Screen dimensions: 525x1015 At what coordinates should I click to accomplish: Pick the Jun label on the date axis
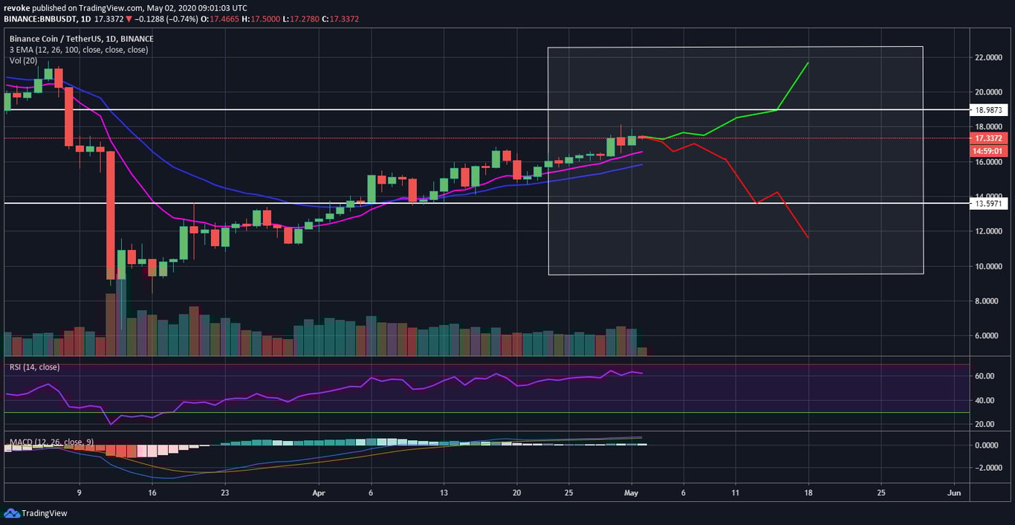(955, 492)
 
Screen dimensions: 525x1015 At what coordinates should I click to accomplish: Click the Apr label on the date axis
(319, 492)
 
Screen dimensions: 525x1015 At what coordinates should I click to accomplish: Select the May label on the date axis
(632, 492)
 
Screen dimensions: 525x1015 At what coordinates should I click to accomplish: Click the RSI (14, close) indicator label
(34, 367)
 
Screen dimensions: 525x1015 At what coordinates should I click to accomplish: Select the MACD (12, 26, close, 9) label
(49, 442)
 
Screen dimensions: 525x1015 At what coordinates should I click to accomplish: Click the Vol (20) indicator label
(25, 59)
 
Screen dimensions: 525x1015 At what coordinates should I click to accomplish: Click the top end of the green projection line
(808, 63)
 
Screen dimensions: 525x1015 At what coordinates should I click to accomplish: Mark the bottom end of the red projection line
(808, 238)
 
